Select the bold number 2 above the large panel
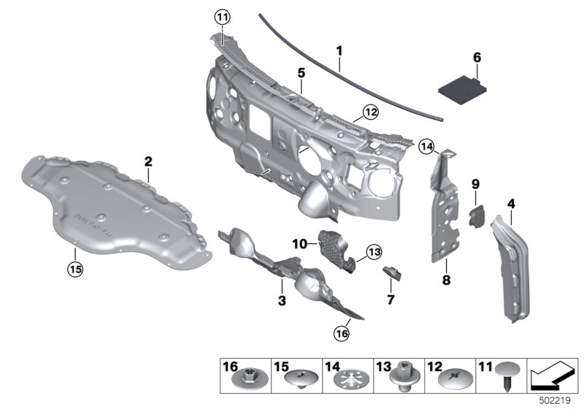point(147,161)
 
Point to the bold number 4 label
point(511,202)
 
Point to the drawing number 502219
point(557,401)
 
